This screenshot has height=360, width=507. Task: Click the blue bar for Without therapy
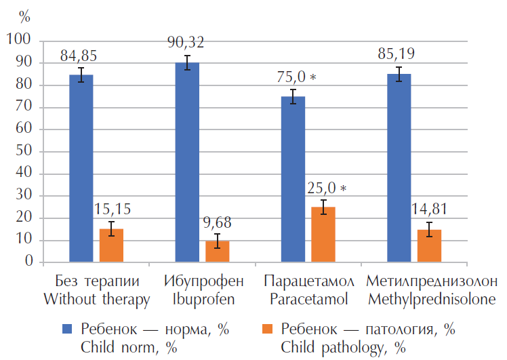pos(81,168)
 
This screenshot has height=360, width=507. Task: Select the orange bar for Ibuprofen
pos(218,251)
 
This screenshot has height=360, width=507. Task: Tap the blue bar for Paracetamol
pos(293,179)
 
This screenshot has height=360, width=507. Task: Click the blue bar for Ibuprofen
pos(187,162)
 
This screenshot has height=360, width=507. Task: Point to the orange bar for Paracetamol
pos(323,234)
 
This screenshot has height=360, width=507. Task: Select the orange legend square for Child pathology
pos(267,329)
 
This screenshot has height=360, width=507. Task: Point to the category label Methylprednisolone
pos(431,298)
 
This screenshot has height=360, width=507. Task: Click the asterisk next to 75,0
pos(313,78)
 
